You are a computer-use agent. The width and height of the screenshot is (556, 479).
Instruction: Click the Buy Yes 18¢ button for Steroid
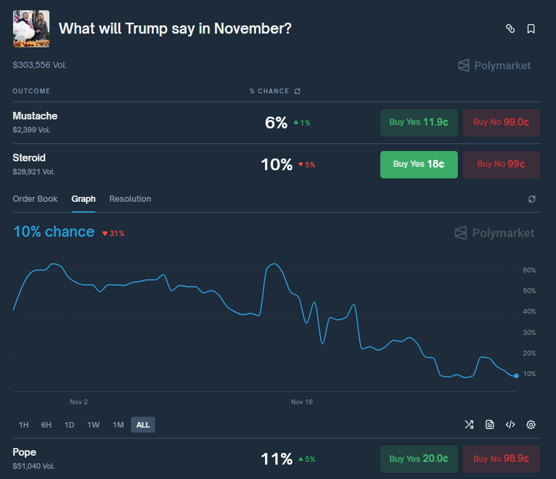419,165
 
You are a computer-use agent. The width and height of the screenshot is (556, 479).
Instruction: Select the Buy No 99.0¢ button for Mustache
501,123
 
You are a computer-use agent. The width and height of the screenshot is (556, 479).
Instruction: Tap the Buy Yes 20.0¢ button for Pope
419,459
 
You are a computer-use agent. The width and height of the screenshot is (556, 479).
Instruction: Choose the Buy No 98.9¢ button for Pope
501,459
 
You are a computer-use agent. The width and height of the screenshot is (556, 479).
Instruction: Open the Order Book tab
35,199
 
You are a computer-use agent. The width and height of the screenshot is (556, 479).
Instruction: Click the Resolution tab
130,199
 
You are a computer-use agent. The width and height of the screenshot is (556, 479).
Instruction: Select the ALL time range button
143,425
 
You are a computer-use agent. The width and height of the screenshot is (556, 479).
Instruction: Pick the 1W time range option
93,425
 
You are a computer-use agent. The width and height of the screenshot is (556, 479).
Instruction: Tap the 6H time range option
46,425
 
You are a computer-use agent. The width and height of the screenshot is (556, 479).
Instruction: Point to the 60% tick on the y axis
529,270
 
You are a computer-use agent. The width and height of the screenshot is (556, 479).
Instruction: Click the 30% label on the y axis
529,333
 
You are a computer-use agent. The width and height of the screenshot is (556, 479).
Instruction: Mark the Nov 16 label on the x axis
301,402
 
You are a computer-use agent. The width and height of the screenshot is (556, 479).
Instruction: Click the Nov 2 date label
79,402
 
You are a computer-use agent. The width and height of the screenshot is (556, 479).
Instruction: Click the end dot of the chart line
516,375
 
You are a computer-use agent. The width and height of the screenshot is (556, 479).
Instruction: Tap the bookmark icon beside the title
531,29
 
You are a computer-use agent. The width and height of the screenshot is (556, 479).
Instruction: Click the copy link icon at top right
510,29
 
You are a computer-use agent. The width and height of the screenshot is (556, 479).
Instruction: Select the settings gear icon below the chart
531,425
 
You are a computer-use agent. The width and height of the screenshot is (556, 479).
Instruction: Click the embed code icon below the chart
510,425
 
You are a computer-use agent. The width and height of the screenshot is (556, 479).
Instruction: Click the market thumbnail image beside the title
31,29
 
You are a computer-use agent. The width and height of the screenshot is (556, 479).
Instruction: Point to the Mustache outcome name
35,116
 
